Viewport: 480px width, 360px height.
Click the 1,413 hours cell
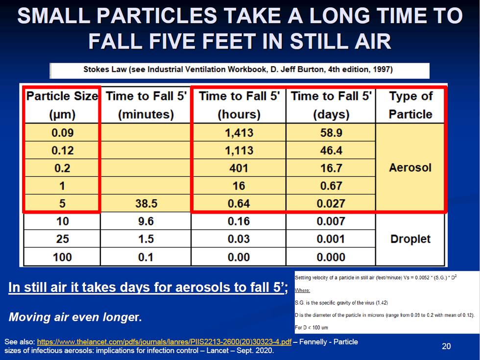[239, 132]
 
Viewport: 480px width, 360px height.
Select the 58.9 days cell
[331, 132]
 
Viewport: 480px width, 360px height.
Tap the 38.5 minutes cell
[146, 203]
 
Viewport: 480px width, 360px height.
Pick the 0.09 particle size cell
[62, 132]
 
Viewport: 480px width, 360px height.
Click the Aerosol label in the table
[410, 168]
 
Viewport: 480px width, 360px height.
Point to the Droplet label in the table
[410, 239]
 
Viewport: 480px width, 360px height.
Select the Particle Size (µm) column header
[62, 105]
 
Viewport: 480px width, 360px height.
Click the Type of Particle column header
[410, 105]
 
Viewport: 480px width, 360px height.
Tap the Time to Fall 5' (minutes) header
[146, 105]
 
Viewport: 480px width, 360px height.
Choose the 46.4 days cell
[331, 150]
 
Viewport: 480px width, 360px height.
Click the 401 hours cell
[239, 168]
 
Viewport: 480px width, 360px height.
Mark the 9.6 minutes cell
[146, 221]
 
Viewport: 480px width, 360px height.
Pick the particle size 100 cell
[62, 257]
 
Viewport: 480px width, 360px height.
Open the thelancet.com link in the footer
[164, 342]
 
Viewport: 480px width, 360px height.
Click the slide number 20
[446, 346]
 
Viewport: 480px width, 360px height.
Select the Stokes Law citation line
[238, 70]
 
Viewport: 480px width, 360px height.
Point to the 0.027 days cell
[331, 203]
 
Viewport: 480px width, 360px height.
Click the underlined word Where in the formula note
[302, 290]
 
